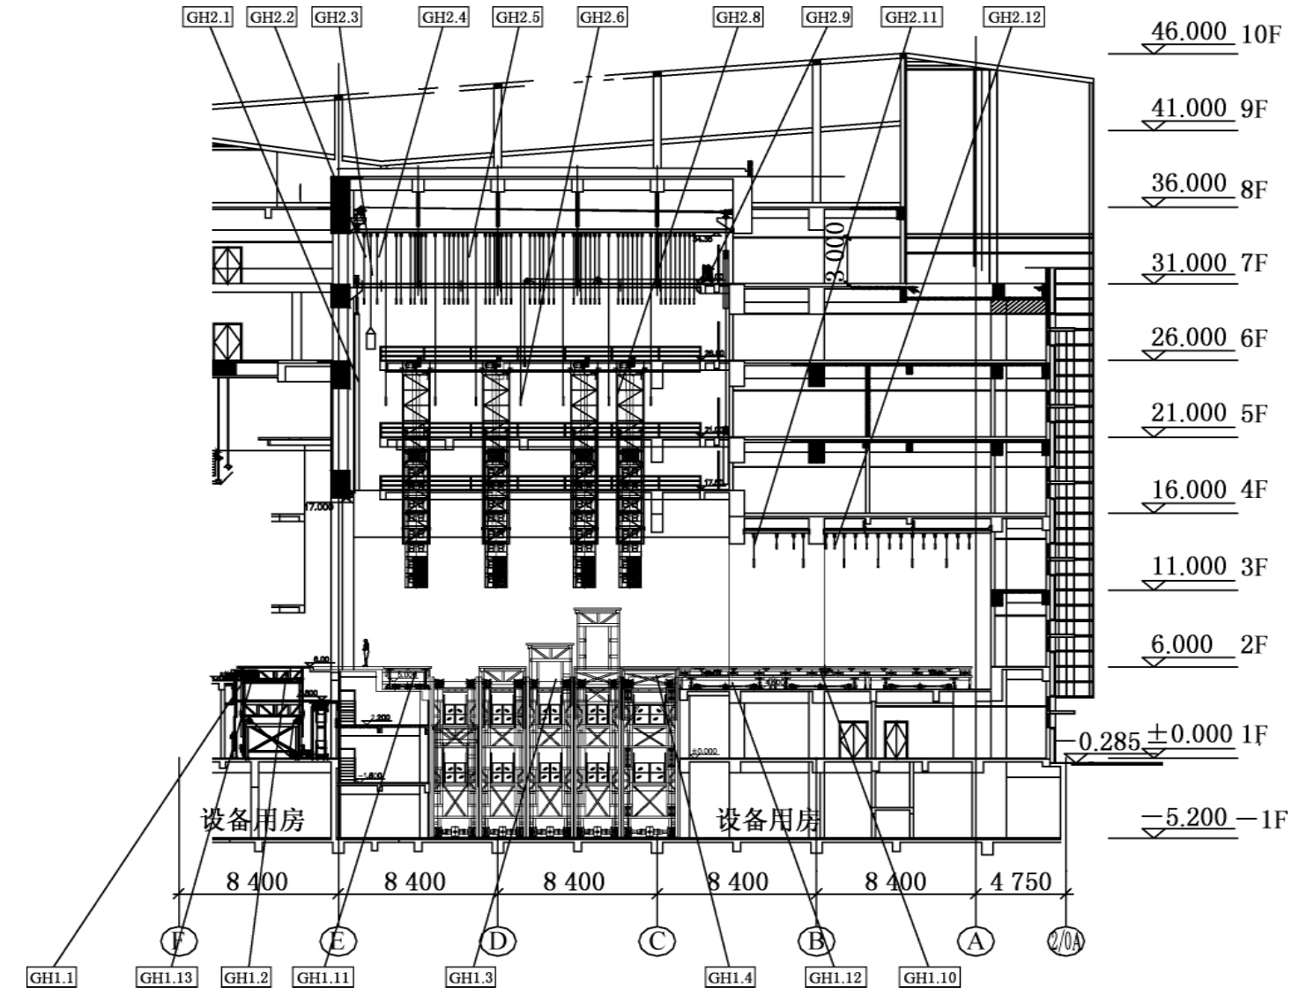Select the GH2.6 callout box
pyautogui.click(x=602, y=17)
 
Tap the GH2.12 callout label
pyautogui.click(x=1014, y=17)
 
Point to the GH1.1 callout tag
pyautogui.click(x=52, y=977)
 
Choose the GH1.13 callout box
pyautogui.click(x=167, y=977)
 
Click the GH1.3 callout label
pyautogui.click(x=472, y=977)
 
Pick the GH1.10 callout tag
pyautogui.click(x=930, y=977)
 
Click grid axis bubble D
pyautogui.click(x=498, y=941)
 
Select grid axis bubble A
pyautogui.click(x=975, y=941)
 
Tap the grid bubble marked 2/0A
pyautogui.click(x=1066, y=941)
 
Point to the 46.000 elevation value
pyautogui.click(x=1189, y=32)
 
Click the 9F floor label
pyautogui.click(x=1254, y=109)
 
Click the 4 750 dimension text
pyautogui.click(x=1021, y=881)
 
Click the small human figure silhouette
pyautogui.click(x=366, y=652)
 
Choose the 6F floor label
pyautogui.click(x=1254, y=338)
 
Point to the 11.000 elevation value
pyautogui.click(x=1189, y=566)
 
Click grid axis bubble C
pyautogui.click(x=657, y=941)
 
